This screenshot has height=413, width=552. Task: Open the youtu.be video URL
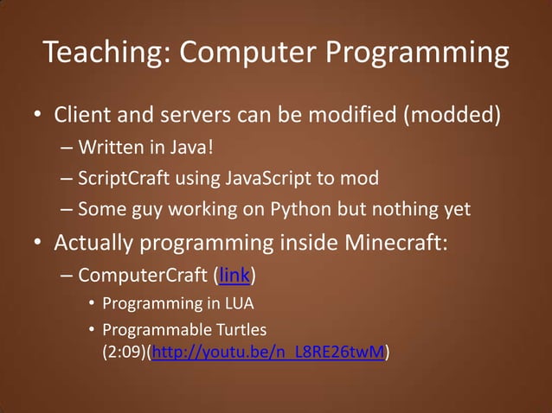click(x=268, y=353)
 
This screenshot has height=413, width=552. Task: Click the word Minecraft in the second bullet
click(x=394, y=243)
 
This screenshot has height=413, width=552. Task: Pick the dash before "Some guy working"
click(x=67, y=209)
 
